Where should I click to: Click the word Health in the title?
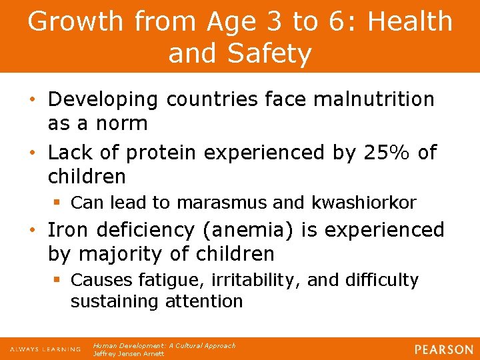click(409, 21)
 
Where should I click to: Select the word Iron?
click(69, 230)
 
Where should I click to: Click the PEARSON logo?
click(443, 349)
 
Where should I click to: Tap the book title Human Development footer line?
click(164, 345)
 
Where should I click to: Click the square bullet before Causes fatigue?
click(59, 281)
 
